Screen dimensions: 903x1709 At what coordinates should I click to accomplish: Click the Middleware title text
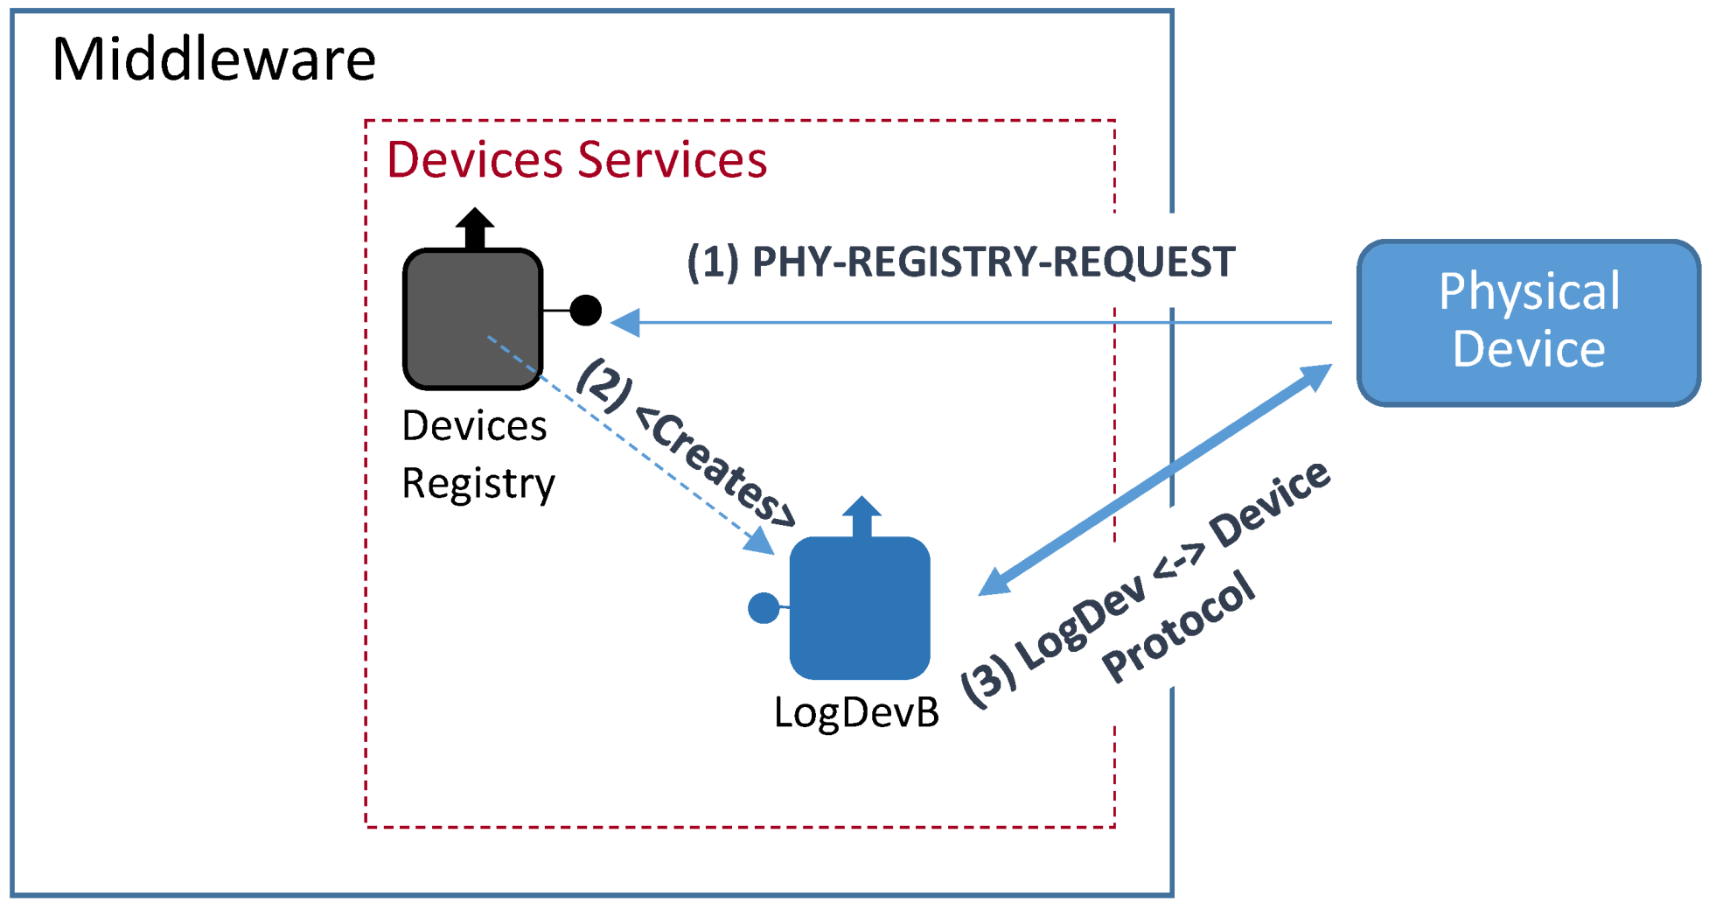click(x=213, y=59)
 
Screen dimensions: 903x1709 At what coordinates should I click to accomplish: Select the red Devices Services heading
click(x=576, y=159)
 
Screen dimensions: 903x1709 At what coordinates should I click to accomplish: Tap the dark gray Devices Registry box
click(x=472, y=318)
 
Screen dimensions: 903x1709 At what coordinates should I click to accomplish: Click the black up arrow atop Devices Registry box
click(x=475, y=227)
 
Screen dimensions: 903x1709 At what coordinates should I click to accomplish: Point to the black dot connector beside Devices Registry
click(x=585, y=310)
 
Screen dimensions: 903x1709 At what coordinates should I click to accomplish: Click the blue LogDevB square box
click(x=859, y=608)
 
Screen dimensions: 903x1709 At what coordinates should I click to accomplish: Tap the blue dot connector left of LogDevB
click(x=764, y=607)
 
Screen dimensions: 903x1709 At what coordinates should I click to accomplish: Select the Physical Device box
click(x=1527, y=323)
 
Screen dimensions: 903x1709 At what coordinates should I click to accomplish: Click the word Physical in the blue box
click(x=1529, y=291)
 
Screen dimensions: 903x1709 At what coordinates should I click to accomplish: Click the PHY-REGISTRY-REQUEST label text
click(x=993, y=262)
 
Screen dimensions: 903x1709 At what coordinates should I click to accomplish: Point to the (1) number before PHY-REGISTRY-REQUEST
click(x=713, y=262)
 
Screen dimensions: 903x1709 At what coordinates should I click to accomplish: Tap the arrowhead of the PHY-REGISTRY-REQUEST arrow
click(x=624, y=323)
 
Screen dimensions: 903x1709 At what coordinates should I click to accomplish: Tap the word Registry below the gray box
click(x=478, y=484)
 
